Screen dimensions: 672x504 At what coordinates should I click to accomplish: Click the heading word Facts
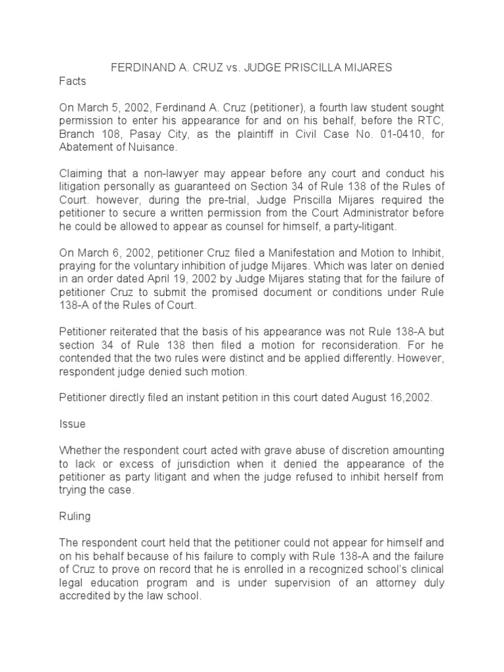point(72,82)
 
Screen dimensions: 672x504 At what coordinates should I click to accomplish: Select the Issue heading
point(72,424)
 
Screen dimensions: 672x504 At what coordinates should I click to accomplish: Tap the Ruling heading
point(75,516)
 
